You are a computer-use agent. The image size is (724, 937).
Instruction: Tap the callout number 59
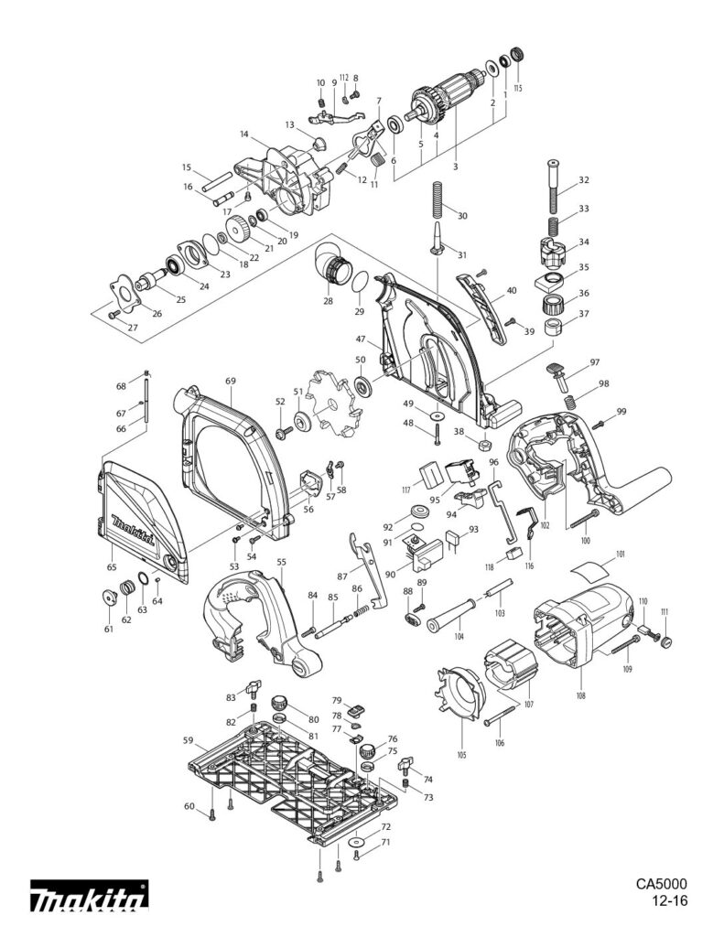[x=188, y=741]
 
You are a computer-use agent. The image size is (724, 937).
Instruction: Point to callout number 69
[x=231, y=380]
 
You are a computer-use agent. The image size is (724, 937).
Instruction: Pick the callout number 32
[x=584, y=180]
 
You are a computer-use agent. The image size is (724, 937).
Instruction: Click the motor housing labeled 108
[x=581, y=631]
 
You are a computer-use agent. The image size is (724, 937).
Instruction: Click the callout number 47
[x=374, y=339]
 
